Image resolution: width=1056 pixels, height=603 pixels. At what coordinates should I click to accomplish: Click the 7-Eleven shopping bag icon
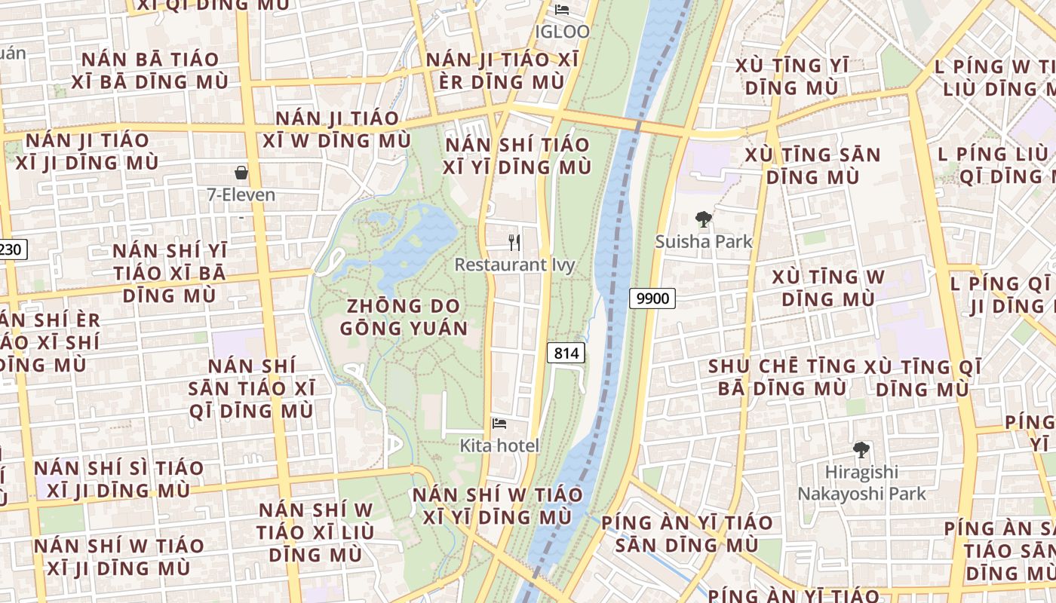click(x=241, y=173)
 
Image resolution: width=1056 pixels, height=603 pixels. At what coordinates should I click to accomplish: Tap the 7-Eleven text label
click(x=241, y=195)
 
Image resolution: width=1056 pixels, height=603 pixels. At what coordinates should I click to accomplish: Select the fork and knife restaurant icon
click(x=514, y=242)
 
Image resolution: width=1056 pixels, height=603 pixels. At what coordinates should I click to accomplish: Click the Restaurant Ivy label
click(x=514, y=265)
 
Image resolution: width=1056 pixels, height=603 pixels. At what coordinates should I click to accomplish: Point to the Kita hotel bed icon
click(x=499, y=424)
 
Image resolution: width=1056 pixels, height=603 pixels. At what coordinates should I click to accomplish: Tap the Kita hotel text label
click(x=499, y=445)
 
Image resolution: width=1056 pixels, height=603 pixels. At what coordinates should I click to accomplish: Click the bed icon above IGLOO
click(x=562, y=10)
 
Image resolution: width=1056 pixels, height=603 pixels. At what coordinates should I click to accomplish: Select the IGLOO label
click(x=562, y=32)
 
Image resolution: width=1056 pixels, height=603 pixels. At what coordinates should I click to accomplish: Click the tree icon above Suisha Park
click(x=704, y=219)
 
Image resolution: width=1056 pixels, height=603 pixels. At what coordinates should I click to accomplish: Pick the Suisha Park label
click(x=704, y=241)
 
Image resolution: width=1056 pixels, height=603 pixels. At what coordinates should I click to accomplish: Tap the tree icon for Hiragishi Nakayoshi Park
click(x=861, y=450)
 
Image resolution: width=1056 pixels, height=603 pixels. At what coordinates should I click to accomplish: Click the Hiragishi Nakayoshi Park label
click(x=861, y=483)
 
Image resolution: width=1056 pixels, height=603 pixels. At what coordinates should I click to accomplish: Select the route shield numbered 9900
click(x=652, y=298)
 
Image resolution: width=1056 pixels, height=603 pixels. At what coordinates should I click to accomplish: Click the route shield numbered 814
click(x=566, y=352)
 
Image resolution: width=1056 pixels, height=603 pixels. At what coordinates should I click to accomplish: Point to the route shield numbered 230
click(x=11, y=249)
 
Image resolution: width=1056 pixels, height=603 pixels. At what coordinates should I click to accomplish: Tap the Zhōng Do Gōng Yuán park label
click(x=404, y=317)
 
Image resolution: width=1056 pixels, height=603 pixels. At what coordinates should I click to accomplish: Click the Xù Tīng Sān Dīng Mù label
click(x=812, y=166)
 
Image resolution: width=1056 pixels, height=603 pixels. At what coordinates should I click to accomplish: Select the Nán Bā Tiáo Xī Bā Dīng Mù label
click(x=150, y=70)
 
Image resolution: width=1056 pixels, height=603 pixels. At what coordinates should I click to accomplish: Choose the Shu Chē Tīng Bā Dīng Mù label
click(x=782, y=377)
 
